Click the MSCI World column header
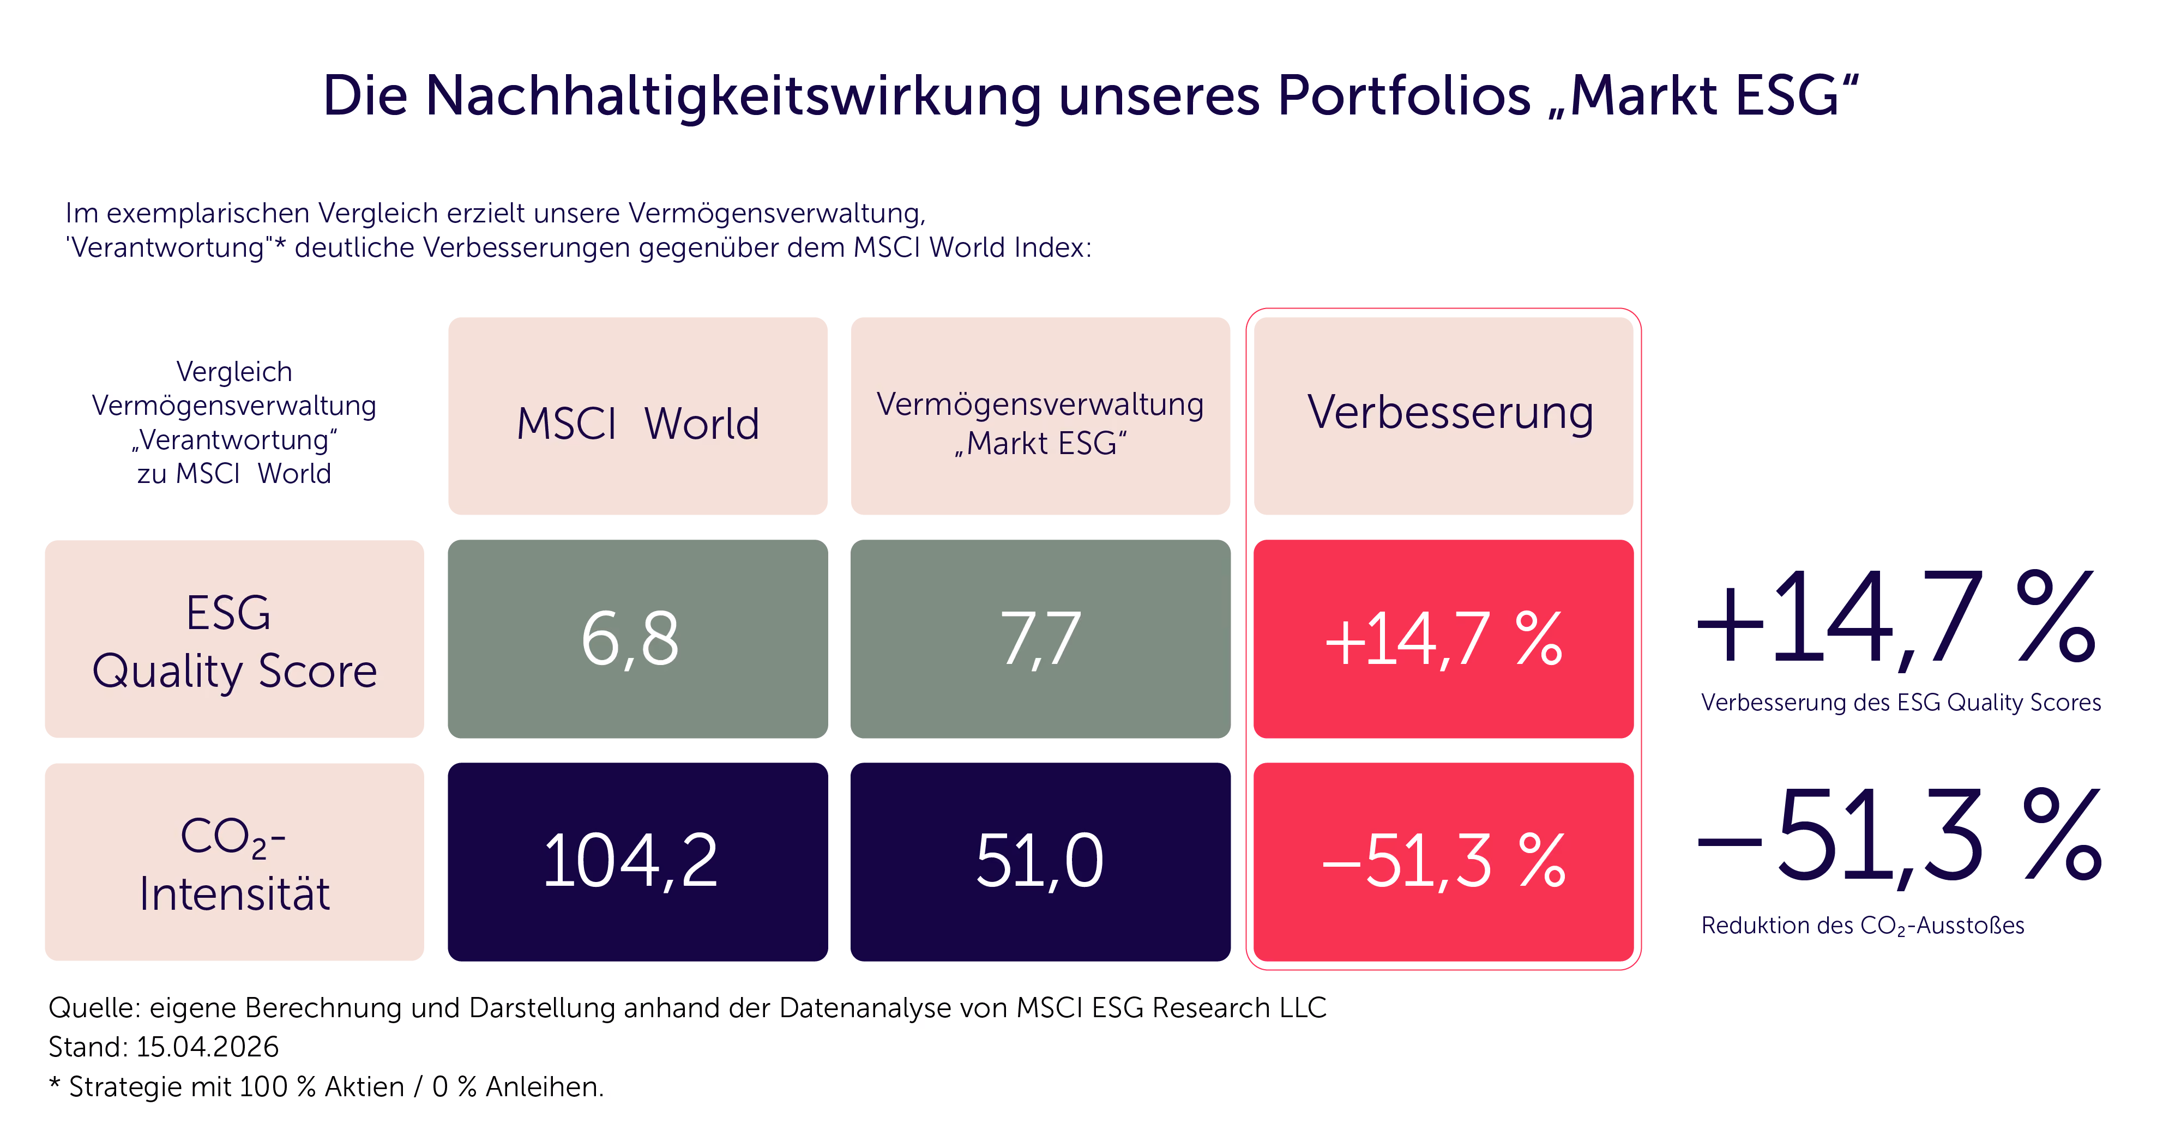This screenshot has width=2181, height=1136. (x=637, y=415)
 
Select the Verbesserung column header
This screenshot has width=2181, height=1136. (x=1444, y=415)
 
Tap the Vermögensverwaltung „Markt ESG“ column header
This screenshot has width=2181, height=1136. (x=1040, y=415)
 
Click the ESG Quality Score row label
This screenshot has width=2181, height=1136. (x=234, y=639)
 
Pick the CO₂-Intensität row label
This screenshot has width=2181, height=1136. (x=234, y=862)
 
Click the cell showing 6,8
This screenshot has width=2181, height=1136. (x=637, y=639)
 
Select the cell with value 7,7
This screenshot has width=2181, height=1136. (x=1040, y=639)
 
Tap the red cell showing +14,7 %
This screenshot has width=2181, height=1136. (x=1444, y=639)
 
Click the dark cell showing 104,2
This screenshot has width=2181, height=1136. (x=637, y=862)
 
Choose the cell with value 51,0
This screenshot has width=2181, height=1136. (x=1040, y=862)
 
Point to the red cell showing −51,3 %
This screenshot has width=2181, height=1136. (x=1444, y=862)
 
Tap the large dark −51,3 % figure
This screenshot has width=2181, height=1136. (x=1899, y=836)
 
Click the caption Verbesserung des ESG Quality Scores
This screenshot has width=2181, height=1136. (x=1901, y=703)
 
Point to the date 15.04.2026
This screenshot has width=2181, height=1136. (x=207, y=1047)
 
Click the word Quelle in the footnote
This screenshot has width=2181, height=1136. (x=94, y=1008)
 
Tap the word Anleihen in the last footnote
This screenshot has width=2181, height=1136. (x=544, y=1087)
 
